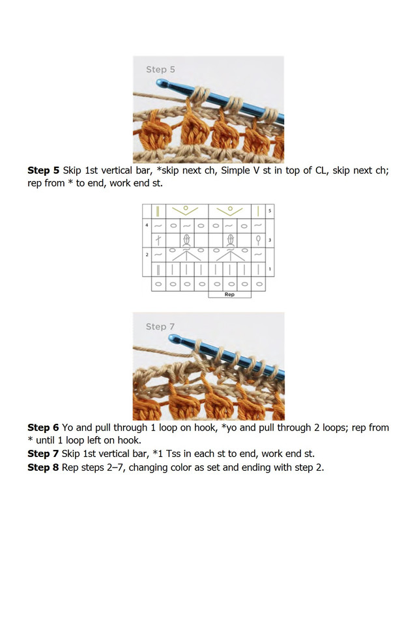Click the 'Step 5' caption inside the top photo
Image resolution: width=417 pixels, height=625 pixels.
160,70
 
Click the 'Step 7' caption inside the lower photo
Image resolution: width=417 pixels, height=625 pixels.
160,327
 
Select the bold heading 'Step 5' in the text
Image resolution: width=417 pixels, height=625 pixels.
44,171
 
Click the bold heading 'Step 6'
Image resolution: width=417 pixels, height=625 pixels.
44,428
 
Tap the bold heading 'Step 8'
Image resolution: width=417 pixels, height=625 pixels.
44,467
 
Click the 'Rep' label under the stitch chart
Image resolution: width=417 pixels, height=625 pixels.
229,294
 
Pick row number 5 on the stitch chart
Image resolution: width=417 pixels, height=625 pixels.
270,211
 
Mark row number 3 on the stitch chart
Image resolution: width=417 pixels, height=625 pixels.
270,240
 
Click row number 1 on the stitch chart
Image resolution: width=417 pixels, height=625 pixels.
270,268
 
